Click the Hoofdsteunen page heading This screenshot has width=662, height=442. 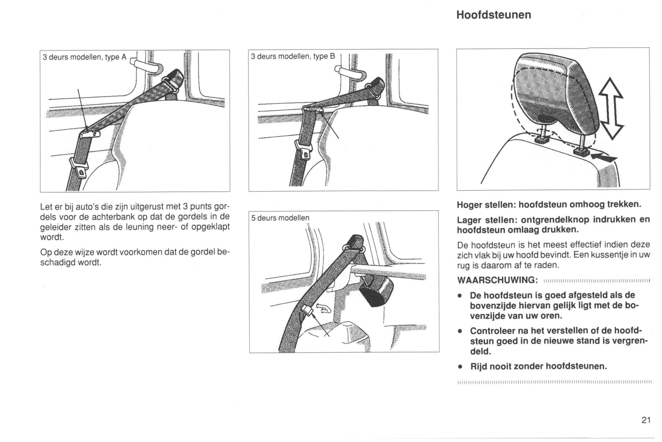tap(493, 15)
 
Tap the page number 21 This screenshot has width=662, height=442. tap(646, 420)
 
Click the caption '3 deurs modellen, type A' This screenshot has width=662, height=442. tap(84, 57)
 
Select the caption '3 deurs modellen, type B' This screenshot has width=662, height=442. tap(293, 56)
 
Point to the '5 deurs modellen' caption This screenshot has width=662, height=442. tap(280, 218)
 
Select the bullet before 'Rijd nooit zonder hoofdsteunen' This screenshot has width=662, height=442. tap(459, 367)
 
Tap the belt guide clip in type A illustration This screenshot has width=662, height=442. tap(90, 133)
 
